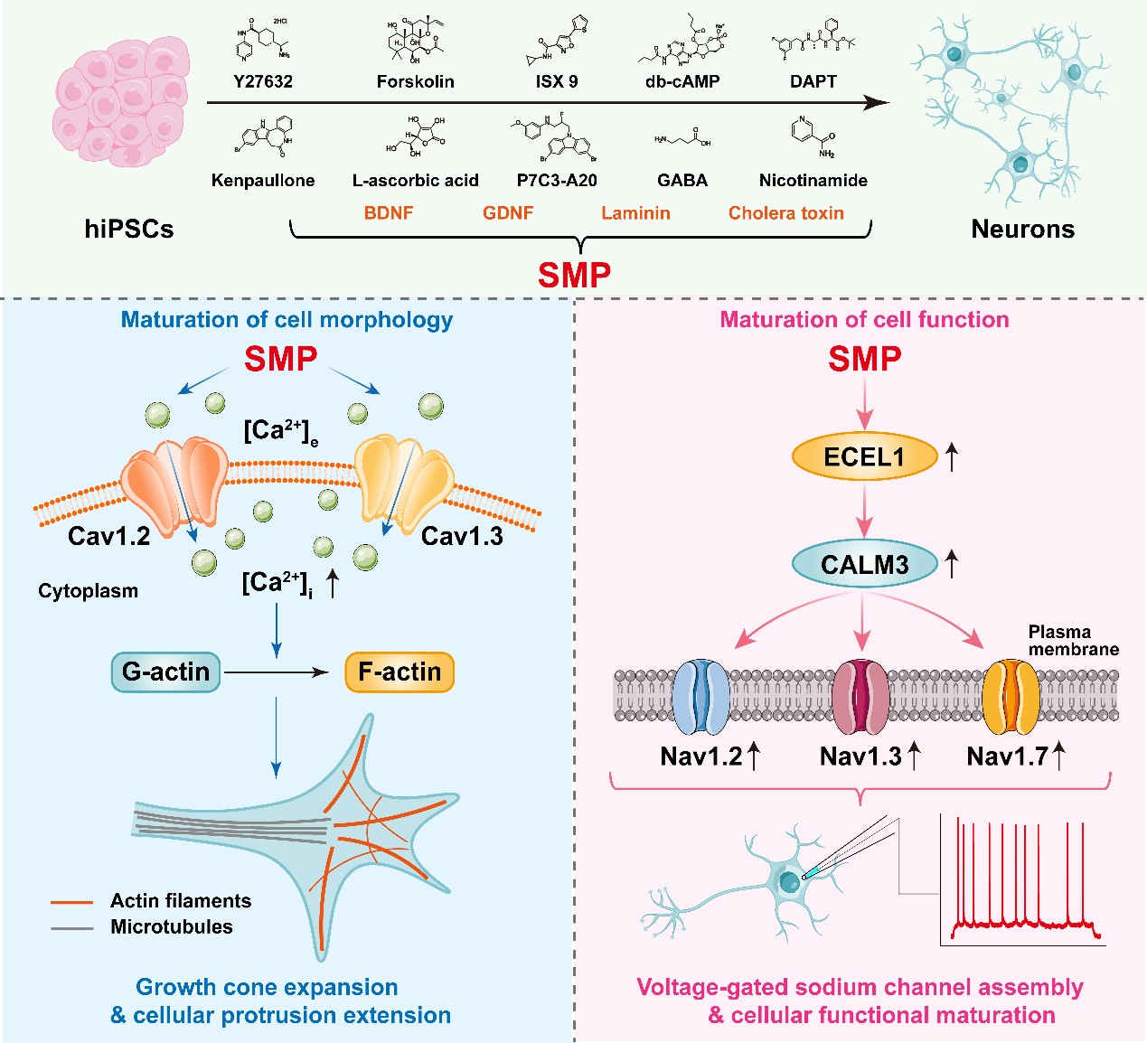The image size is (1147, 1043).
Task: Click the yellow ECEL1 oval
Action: click(864, 456)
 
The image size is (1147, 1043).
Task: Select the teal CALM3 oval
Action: click(864, 564)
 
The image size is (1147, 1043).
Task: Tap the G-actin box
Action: click(165, 672)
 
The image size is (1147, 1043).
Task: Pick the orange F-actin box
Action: click(400, 672)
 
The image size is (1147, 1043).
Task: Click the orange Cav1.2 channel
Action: click(173, 485)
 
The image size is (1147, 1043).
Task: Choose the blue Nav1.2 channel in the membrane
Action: click(701, 696)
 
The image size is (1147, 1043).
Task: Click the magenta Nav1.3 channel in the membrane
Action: click(860, 696)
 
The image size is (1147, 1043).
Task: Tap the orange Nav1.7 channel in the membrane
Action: click(1011, 696)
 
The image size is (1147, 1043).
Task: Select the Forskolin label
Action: click(415, 81)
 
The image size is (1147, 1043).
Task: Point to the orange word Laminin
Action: click(635, 213)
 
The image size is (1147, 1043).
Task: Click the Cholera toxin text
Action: click(785, 213)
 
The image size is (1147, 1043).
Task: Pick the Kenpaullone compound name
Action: click(263, 180)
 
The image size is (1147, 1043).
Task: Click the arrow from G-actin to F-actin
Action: click(276, 672)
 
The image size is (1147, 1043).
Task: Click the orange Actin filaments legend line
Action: click(72, 902)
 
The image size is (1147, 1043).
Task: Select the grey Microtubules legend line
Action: click(72, 928)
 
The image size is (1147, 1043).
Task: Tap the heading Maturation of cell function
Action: click(864, 320)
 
